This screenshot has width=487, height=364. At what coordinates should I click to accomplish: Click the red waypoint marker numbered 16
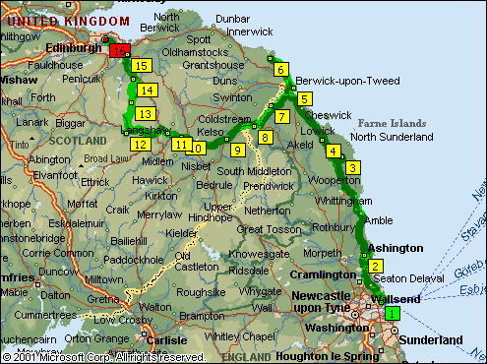pos(121,50)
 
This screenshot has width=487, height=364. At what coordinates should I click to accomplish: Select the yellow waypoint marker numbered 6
pos(281,70)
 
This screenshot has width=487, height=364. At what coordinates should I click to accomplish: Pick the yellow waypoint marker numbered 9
pos(237,150)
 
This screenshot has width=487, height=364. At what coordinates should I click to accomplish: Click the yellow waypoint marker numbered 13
pos(145,114)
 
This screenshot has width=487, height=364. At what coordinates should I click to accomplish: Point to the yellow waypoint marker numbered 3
pos(352,168)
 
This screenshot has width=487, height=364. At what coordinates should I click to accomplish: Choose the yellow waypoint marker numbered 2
pos(375,267)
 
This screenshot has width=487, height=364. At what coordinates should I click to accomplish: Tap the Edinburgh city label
pos(73,46)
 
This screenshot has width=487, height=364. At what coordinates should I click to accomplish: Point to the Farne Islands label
pos(393,123)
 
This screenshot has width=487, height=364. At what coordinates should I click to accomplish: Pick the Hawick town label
pos(151,180)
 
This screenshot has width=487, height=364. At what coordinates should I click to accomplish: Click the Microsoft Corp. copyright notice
pos(103,357)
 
